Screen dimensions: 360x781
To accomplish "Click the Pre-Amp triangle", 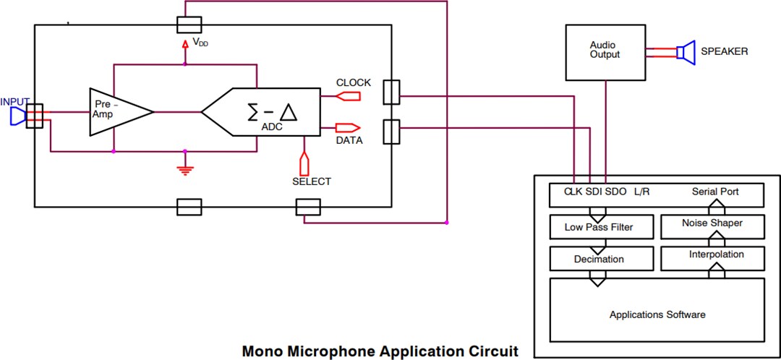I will (116, 112).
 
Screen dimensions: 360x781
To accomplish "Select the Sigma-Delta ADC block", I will (264, 112).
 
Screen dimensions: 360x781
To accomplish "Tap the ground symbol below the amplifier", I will (185, 170).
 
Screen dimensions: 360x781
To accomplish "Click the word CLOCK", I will (354, 82).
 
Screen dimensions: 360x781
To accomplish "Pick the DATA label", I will (349, 140).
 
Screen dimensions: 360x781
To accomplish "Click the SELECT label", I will (312, 181).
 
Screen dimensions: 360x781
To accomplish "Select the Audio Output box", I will (605, 51).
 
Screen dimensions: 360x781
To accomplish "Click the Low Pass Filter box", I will (599, 227).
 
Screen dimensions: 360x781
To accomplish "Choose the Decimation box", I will (599, 259).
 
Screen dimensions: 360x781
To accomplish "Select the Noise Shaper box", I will (712, 223).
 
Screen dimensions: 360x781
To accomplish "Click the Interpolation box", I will (712, 254).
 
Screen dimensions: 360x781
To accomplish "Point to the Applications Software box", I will (657, 314).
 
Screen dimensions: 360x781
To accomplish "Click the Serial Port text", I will (715, 192).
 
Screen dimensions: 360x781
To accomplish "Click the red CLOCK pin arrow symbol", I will (349, 96).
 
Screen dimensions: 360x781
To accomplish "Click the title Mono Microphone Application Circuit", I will (380, 352).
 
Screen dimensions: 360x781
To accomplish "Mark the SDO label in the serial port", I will (616, 192).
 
